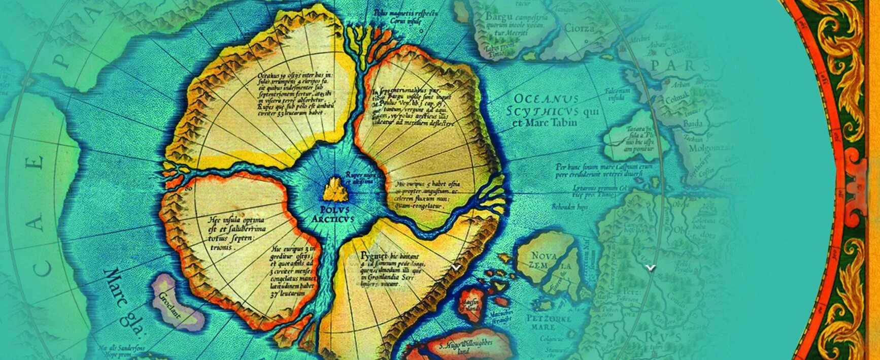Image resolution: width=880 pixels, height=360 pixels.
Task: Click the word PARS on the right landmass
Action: (680, 66)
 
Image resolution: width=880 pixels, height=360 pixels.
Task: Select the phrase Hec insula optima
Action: (236, 220)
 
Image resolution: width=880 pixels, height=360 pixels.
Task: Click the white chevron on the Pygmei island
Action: (456, 267)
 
